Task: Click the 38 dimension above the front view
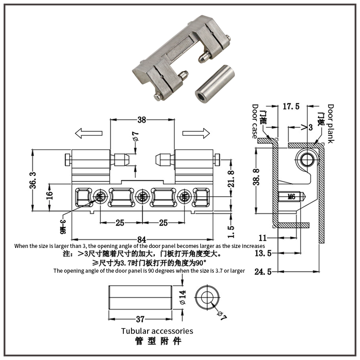click(x=141, y=120)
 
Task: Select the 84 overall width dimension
click(x=142, y=238)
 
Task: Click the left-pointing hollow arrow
click(x=87, y=133)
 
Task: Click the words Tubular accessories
click(x=157, y=331)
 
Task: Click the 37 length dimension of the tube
click(x=140, y=319)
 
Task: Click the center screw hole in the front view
click(x=142, y=196)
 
